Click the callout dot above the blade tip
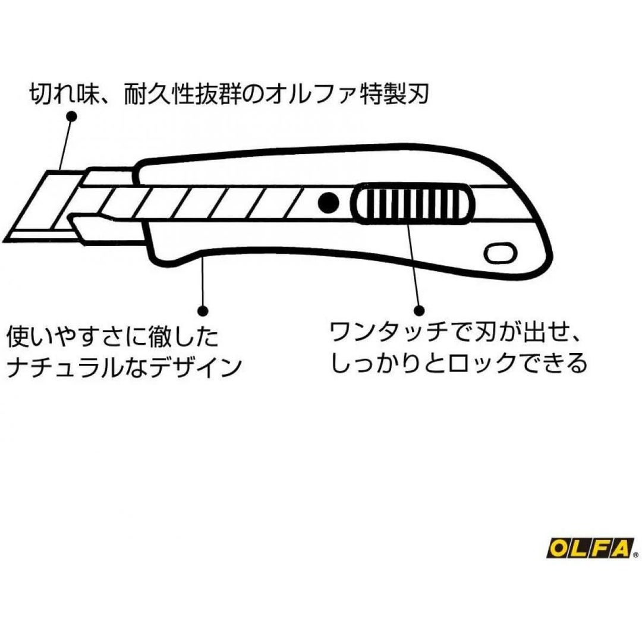coord(71,118)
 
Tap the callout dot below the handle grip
coord(203,310)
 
